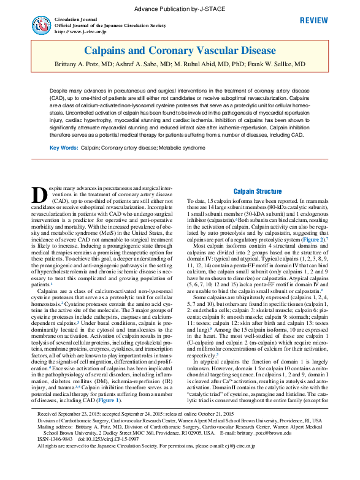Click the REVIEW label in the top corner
click(313, 21)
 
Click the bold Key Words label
click(64, 148)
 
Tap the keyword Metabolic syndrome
click(182, 148)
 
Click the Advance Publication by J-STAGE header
click(180, 9)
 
